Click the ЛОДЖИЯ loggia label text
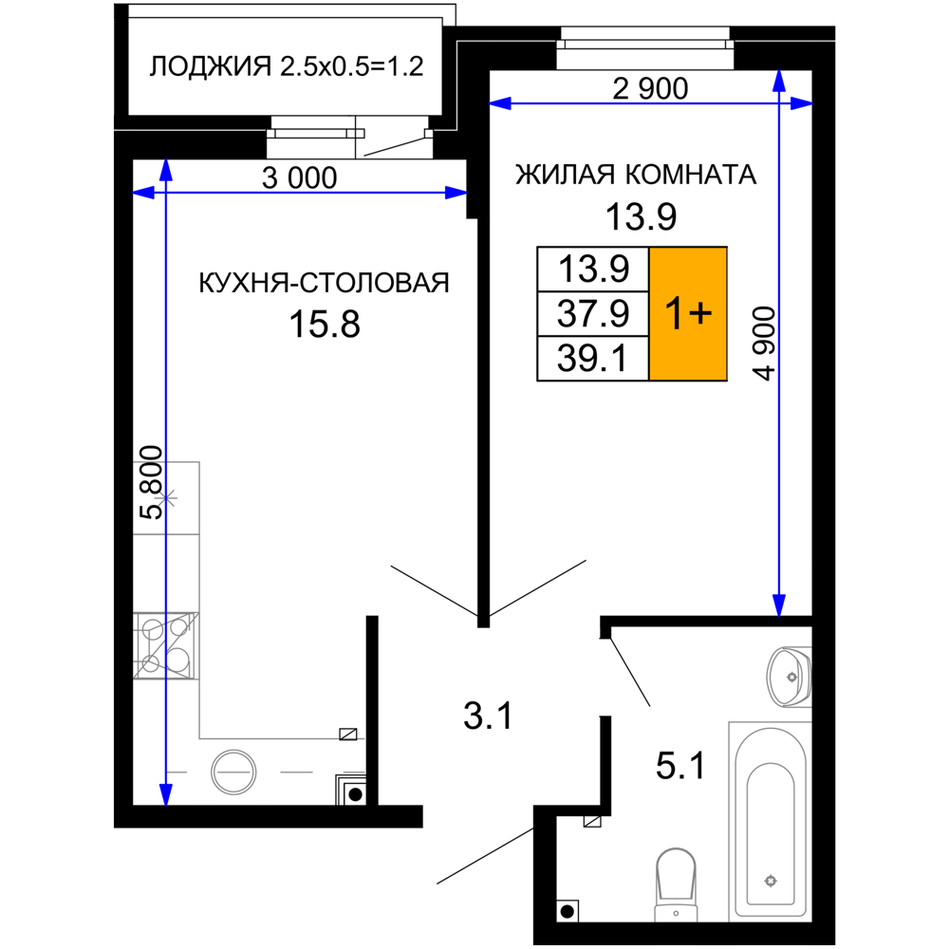[x=287, y=66]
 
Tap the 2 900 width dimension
[x=650, y=89]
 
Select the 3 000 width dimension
[x=300, y=178]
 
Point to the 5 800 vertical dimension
[x=151, y=482]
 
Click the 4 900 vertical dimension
[x=764, y=344]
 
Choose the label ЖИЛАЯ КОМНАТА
[x=636, y=175]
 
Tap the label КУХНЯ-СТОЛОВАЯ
[x=324, y=283]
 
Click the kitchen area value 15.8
[x=325, y=324]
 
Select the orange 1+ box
[x=688, y=313]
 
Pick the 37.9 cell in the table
[x=593, y=313]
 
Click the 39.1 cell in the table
[x=593, y=359]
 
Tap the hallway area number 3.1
[x=488, y=716]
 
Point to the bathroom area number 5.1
[x=680, y=766]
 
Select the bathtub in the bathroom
[x=771, y=821]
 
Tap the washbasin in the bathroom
[x=790, y=677]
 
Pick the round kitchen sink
[x=233, y=772]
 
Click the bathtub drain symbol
[x=771, y=881]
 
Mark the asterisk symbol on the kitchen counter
[x=168, y=498]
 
